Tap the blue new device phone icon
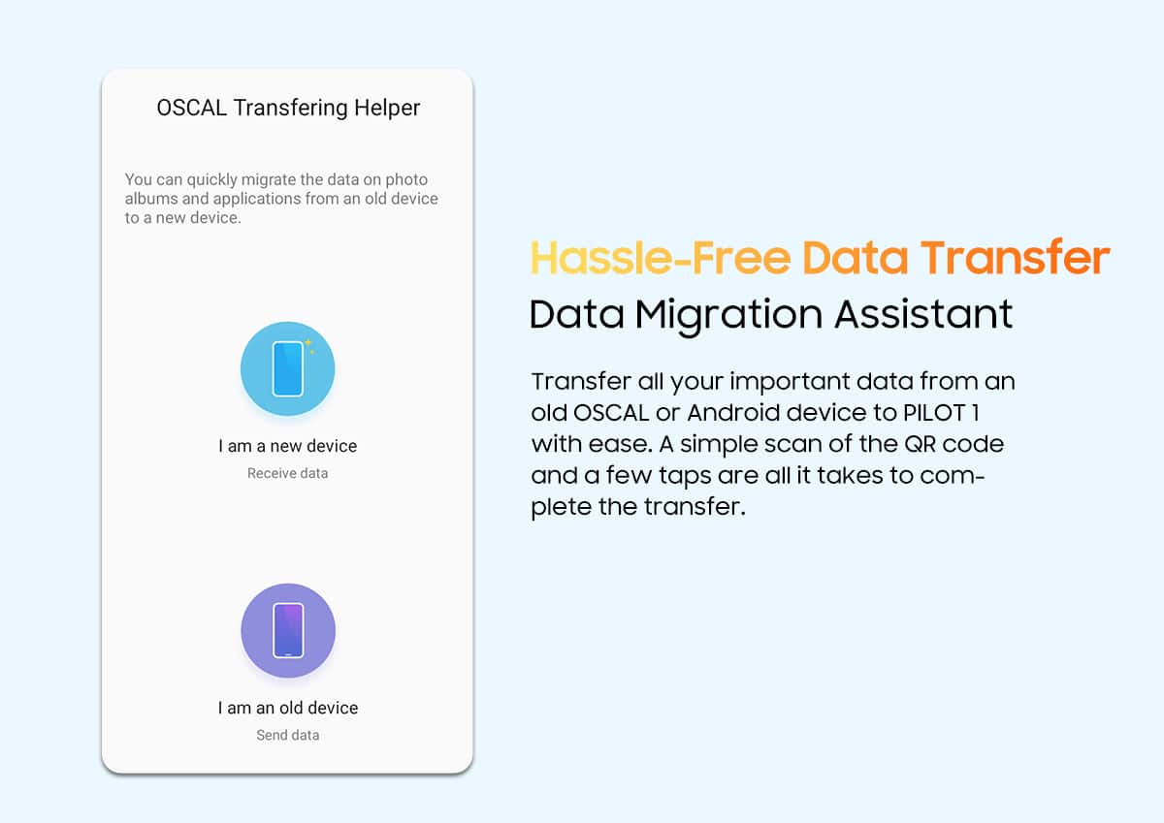[287, 368]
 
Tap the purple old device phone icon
[288, 630]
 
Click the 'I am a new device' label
[287, 446]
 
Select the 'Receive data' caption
[287, 473]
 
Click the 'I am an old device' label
[288, 708]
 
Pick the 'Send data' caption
[287, 735]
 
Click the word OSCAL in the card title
[192, 108]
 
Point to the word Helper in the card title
[387, 108]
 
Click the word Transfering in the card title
[290, 109]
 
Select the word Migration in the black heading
[729, 315]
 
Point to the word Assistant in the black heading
[923, 314]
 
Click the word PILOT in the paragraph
[934, 413]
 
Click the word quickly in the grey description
[212, 179]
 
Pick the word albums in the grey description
[150, 199]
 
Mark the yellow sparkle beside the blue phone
[309, 345]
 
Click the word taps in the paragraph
[685, 476]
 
